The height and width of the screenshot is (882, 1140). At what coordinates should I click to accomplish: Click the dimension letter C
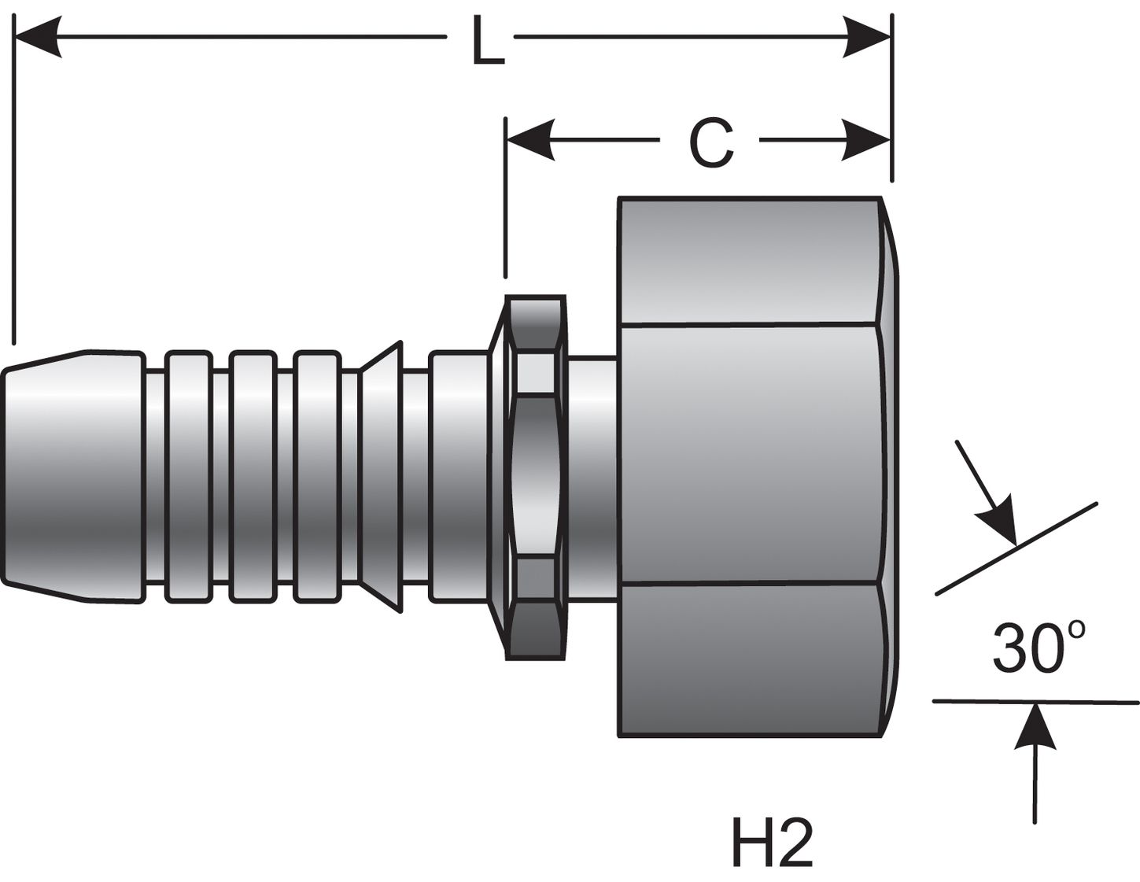710,144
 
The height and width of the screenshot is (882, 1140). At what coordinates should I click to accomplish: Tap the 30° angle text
1038,648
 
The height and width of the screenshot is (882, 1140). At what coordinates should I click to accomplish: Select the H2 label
771,843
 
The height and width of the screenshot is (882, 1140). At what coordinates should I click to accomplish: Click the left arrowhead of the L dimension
39,36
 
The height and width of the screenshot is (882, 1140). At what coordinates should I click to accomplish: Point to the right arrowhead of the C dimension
867,141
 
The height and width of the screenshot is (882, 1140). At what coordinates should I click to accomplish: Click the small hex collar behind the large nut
535,476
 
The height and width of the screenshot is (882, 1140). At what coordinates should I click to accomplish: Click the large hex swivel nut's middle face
747,454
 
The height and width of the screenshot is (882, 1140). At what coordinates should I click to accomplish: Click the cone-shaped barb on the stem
382,476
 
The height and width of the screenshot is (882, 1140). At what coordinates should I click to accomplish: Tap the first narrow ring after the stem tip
189,476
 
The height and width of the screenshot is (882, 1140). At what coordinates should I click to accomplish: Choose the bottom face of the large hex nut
747,659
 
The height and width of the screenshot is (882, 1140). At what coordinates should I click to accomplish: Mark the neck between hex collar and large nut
591,476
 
